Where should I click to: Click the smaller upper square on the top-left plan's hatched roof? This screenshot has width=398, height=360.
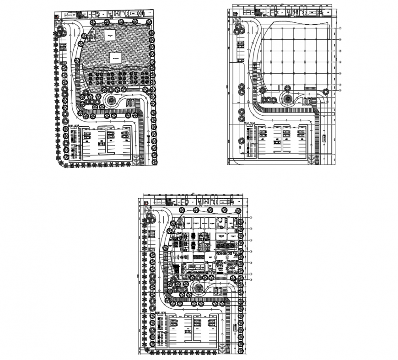tap(109, 34)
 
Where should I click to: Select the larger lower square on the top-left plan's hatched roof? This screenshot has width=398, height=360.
tap(116, 58)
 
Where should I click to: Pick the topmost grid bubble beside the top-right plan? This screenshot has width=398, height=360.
tap(340, 28)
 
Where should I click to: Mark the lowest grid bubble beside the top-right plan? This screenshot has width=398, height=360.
tap(340, 91)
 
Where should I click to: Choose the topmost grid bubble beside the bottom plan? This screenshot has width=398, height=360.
tap(251, 219)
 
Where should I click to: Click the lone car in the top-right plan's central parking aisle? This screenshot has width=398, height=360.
tap(277, 142)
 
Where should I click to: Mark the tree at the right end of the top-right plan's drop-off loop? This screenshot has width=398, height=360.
tap(326, 92)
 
